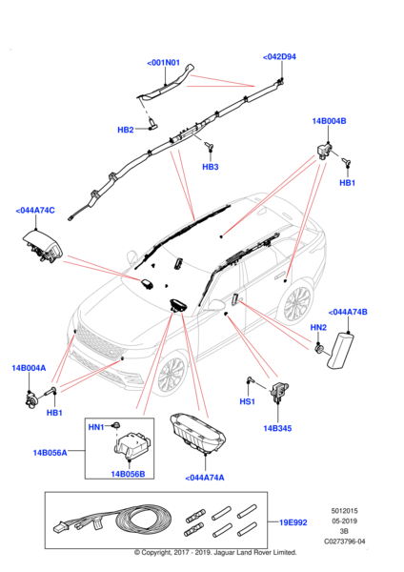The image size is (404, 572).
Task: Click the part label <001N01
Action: (164, 63)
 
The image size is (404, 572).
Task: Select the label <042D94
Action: (279, 57)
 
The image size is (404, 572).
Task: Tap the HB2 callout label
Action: (126, 130)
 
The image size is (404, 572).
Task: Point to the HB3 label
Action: (210, 167)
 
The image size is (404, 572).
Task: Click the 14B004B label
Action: (329, 122)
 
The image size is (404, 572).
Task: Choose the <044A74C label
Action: (35, 210)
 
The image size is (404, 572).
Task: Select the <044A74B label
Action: (348, 312)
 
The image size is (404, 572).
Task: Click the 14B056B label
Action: (127, 474)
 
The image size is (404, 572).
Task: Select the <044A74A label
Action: (204, 477)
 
